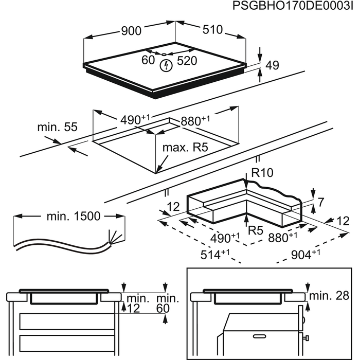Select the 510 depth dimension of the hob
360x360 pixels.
(x=212, y=30)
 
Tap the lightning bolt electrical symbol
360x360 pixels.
(x=166, y=66)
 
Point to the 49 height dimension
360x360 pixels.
(x=273, y=65)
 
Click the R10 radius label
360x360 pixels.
(x=262, y=172)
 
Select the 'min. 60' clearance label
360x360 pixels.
(x=168, y=303)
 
